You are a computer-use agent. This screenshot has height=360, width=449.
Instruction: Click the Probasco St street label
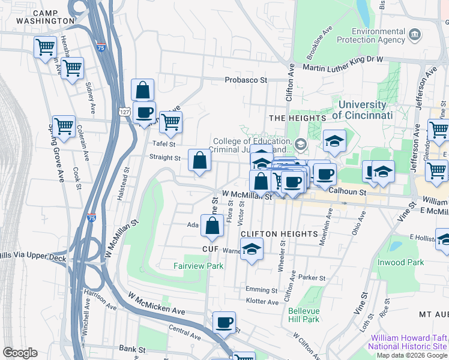pos(246,80)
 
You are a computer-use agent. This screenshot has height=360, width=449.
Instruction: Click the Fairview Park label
pos(199,266)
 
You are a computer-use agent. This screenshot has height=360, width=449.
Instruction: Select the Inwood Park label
pos(401,262)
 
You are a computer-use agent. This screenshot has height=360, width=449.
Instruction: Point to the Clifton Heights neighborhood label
pos(279,233)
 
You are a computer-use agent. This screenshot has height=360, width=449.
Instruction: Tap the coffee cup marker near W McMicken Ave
pos(224,323)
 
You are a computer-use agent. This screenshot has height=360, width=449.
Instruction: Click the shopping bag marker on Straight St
pos(199,161)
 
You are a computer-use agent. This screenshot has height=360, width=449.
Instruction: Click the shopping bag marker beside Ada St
pos(212,226)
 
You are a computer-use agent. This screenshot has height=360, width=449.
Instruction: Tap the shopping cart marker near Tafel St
pos(171,122)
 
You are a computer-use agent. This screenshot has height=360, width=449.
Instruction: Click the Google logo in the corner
pos(20,353)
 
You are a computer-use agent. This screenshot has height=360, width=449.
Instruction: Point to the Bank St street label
pos(132,349)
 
